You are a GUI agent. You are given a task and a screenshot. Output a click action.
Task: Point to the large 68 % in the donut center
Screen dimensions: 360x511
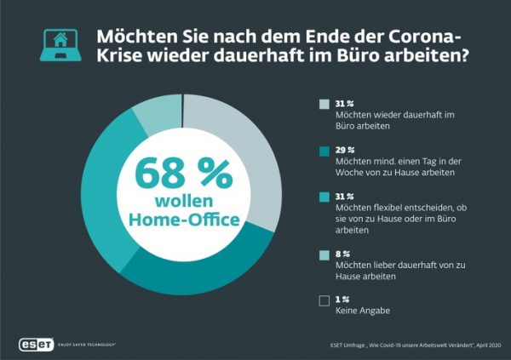click(x=184, y=174)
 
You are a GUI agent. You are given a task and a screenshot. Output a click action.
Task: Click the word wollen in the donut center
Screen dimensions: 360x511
click(x=183, y=201)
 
